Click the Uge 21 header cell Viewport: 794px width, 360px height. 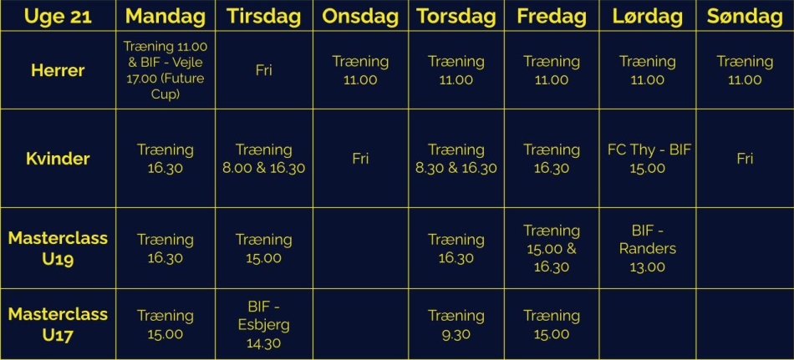(58, 16)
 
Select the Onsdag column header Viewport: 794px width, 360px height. (360, 16)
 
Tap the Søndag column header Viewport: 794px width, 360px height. (745, 16)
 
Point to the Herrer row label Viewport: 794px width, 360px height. (58, 70)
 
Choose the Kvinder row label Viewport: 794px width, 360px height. (58, 159)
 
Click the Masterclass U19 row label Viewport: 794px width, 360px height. (58, 248)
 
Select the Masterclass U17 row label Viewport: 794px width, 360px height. (58, 324)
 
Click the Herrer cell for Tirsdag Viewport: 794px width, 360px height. (264, 70)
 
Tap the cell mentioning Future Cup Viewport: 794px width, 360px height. (165, 70)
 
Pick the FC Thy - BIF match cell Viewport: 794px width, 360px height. (649, 159)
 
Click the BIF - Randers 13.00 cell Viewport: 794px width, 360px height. (648, 249)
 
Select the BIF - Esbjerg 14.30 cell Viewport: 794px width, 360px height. (263, 325)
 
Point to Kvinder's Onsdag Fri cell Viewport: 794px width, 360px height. (360, 159)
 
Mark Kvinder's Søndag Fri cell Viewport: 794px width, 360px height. (745, 159)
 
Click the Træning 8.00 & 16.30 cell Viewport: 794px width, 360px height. (264, 159)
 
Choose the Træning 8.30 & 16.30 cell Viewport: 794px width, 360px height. (456, 159)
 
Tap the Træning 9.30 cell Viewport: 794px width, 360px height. (456, 325)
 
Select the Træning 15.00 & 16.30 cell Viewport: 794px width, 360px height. (552, 249)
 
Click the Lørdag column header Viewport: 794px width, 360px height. (648, 16)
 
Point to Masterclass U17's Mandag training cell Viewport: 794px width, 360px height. (165, 325)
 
